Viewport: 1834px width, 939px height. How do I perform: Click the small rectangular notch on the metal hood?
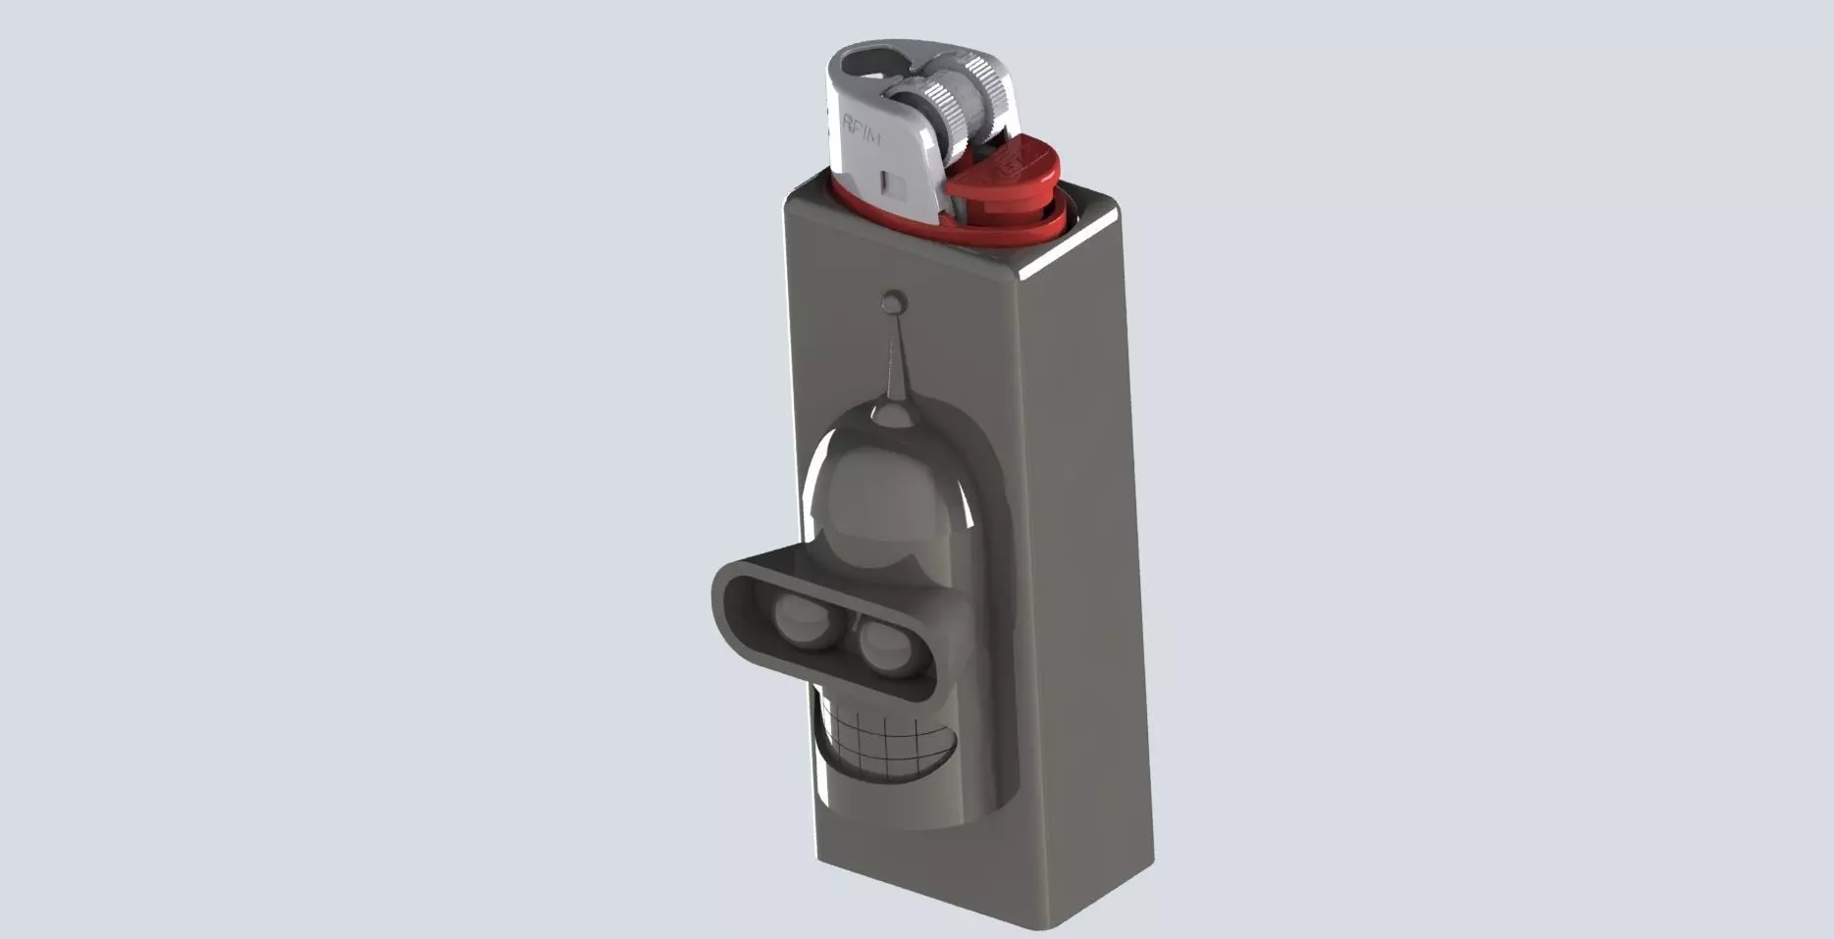(x=893, y=182)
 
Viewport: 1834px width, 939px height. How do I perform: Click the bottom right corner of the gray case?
(x=1150, y=863)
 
